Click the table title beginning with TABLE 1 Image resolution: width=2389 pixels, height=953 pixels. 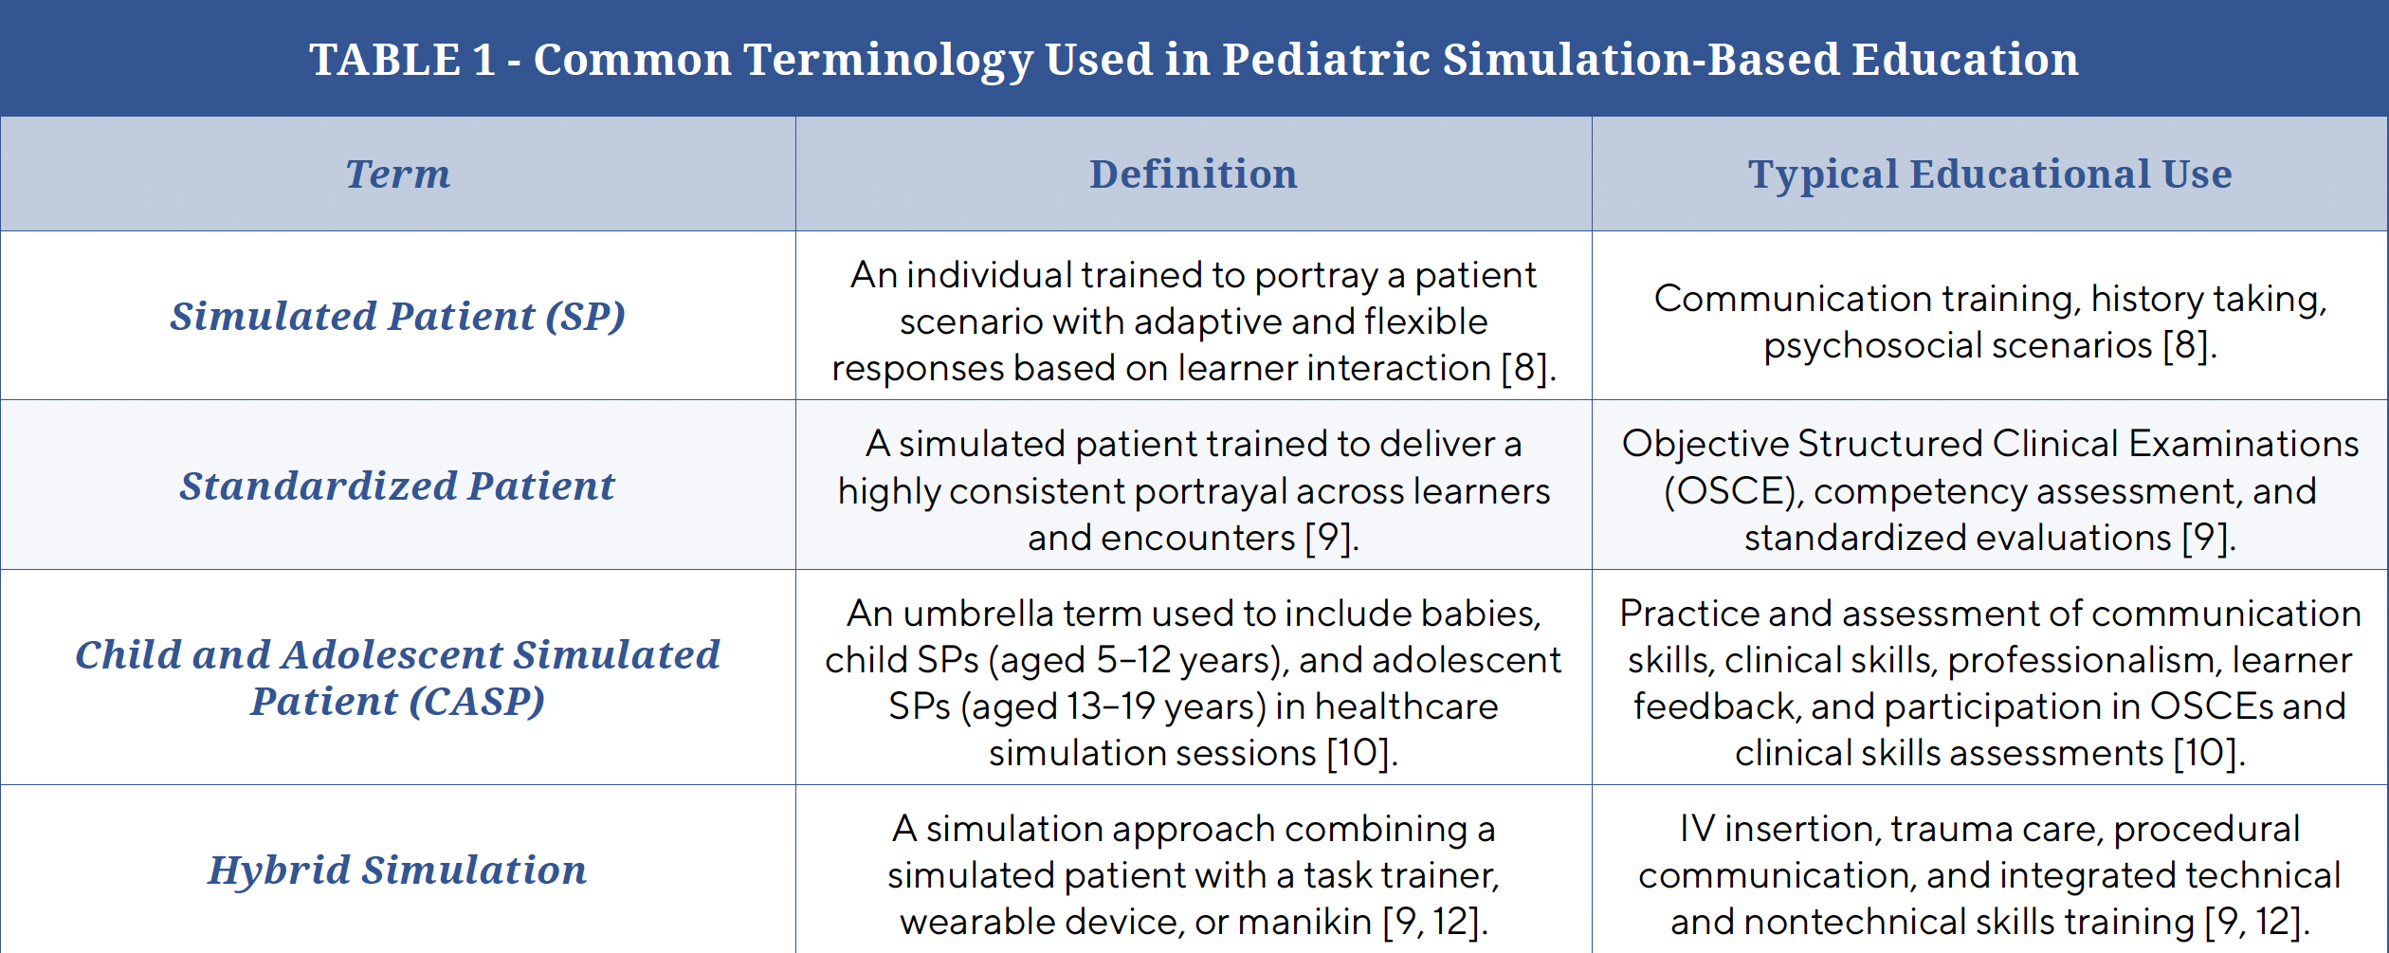click(1194, 59)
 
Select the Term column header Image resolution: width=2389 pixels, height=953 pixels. click(398, 174)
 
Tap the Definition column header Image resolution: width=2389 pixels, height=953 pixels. click(1194, 174)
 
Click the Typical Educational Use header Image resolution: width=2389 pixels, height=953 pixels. click(1990, 174)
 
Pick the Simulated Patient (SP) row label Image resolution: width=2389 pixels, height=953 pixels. click(398, 316)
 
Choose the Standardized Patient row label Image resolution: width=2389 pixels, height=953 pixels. click(398, 486)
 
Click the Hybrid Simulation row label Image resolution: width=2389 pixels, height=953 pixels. click(398, 870)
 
